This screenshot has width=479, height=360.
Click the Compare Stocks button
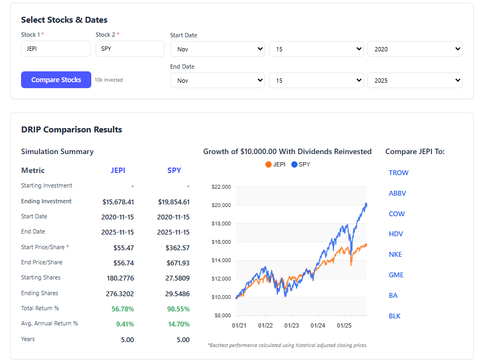pyautogui.click(x=56, y=80)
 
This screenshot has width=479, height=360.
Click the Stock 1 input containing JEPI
pyautogui.click(x=56, y=49)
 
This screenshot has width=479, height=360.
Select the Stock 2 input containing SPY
pyautogui.click(x=130, y=49)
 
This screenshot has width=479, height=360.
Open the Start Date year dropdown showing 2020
pyautogui.click(x=415, y=49)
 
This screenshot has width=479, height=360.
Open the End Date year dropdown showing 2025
pyautogui.click(x=415, y=81)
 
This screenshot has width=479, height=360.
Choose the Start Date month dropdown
pyautogui.click(x=217, y=49)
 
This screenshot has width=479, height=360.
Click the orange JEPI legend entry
pyautogui.click(x=275, y=164)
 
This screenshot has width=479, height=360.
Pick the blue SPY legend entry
pyautogui.click(x=301, y=164)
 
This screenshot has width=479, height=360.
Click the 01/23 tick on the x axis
pyautogui.click(x=292, y=325)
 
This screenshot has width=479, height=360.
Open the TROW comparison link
pyautogui.click(x=399, y=173)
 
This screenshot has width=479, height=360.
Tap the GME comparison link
pyautogui.click(x=396, y=275)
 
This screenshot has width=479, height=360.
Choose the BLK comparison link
pyautogui.click(x=395, y=316)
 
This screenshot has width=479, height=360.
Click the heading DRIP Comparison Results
pyautogui.click(x=71, y=130)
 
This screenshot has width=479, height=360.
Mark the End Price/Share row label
pyautogui.click(x=42, y=262)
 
